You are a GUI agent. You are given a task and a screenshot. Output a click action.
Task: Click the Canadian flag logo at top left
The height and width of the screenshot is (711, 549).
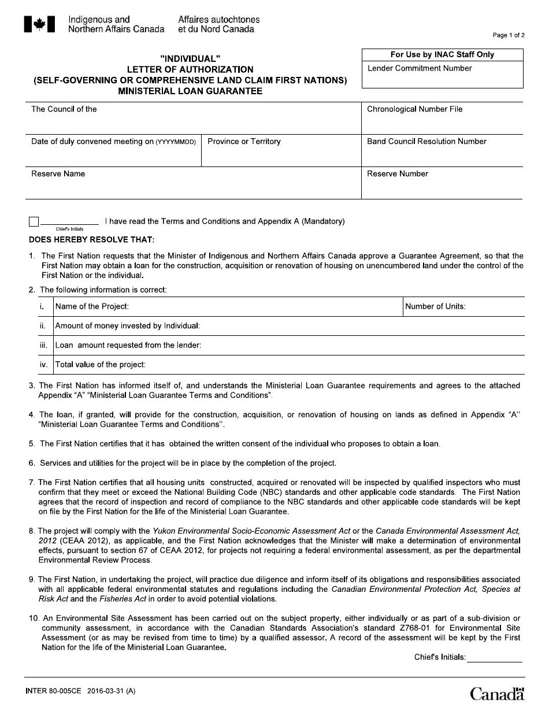point(39,24)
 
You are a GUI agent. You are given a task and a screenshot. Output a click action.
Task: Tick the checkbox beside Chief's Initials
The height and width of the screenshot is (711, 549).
point(34,222)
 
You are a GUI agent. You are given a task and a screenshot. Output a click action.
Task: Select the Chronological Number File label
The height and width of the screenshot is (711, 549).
point(414,109)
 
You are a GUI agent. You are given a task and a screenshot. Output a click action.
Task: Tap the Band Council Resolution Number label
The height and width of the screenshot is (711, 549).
point(426,141)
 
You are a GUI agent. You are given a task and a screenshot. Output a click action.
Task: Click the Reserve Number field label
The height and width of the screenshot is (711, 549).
point(398,173)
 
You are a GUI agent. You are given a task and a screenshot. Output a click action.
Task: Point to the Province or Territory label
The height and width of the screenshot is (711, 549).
point(244,141)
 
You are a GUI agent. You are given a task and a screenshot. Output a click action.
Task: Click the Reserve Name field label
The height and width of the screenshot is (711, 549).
point(58,173)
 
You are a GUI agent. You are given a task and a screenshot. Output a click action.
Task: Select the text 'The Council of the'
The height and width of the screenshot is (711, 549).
point(64,109)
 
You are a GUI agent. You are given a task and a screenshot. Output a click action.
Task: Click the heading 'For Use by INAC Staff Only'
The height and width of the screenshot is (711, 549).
point(442,54)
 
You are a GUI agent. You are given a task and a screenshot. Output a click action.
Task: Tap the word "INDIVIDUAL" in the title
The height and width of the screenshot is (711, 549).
point(190,59)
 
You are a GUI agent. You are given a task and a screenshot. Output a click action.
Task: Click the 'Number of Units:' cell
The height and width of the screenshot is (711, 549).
point(435,306)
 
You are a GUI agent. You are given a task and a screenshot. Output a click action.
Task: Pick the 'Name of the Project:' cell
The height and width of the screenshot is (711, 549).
point(92,306)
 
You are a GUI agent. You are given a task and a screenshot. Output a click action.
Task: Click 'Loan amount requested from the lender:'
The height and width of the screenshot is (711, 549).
point(128,345)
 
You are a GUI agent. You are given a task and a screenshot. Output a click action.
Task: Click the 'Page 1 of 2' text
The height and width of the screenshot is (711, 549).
point(509,35)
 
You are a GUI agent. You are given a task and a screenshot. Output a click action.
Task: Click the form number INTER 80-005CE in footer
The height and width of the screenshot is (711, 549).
point(53,691)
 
